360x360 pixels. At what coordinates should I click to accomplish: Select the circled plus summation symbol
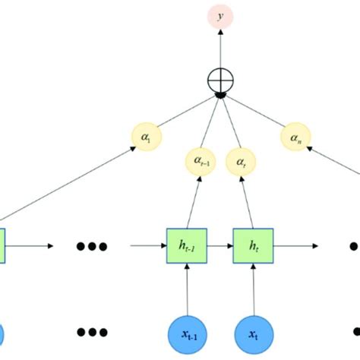(221, 79)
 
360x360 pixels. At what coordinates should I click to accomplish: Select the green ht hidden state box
(251, 246)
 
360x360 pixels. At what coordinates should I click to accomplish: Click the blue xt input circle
(251, 334)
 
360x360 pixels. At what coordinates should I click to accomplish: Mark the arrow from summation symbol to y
(221, 47)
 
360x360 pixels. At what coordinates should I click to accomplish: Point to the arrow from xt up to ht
(251, 289)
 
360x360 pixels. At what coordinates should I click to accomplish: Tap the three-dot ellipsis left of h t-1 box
(93, 246)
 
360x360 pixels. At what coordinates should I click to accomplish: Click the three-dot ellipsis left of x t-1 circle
(93, 333)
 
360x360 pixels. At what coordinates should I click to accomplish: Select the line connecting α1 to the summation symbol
(182, 114)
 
